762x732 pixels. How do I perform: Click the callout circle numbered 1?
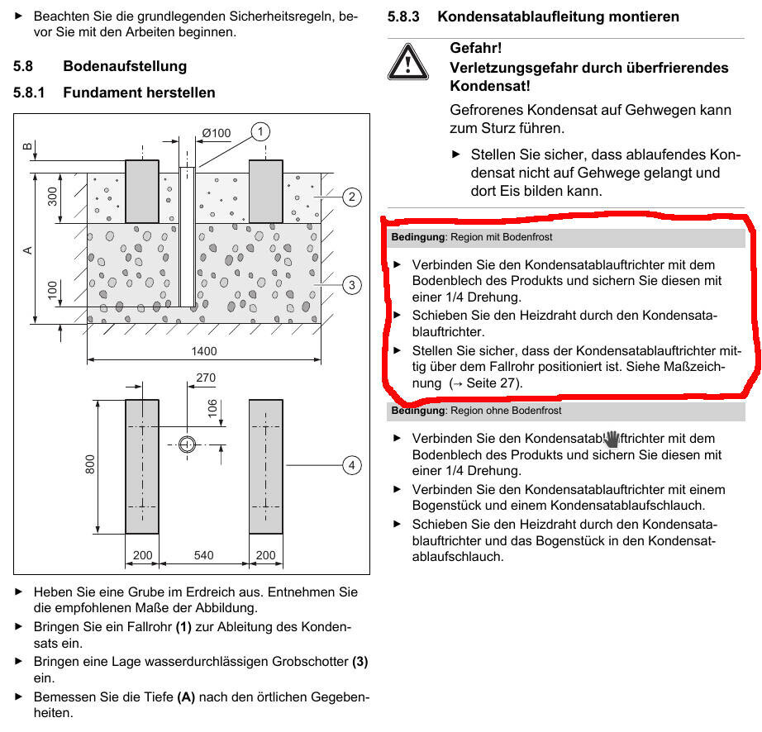pos(260,131)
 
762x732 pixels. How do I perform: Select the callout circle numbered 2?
pos(351,197)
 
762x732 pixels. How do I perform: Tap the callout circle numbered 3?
pos(351,285)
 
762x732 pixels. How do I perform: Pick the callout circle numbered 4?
pos(351,466)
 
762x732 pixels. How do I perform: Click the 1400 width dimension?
pos(203,351)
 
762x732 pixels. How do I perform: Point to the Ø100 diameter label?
pos(216,133)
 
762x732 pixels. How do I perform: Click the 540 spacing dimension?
pos(203,555)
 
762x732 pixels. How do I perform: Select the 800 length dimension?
pos(90,465)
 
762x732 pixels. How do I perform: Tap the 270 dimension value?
pos(205,378)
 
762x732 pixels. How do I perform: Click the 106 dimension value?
pos(212,409)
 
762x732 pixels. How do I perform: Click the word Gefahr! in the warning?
pos(475,49)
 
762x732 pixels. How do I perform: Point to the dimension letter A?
pos(27,248)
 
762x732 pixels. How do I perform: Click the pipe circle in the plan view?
pos(188,444)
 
